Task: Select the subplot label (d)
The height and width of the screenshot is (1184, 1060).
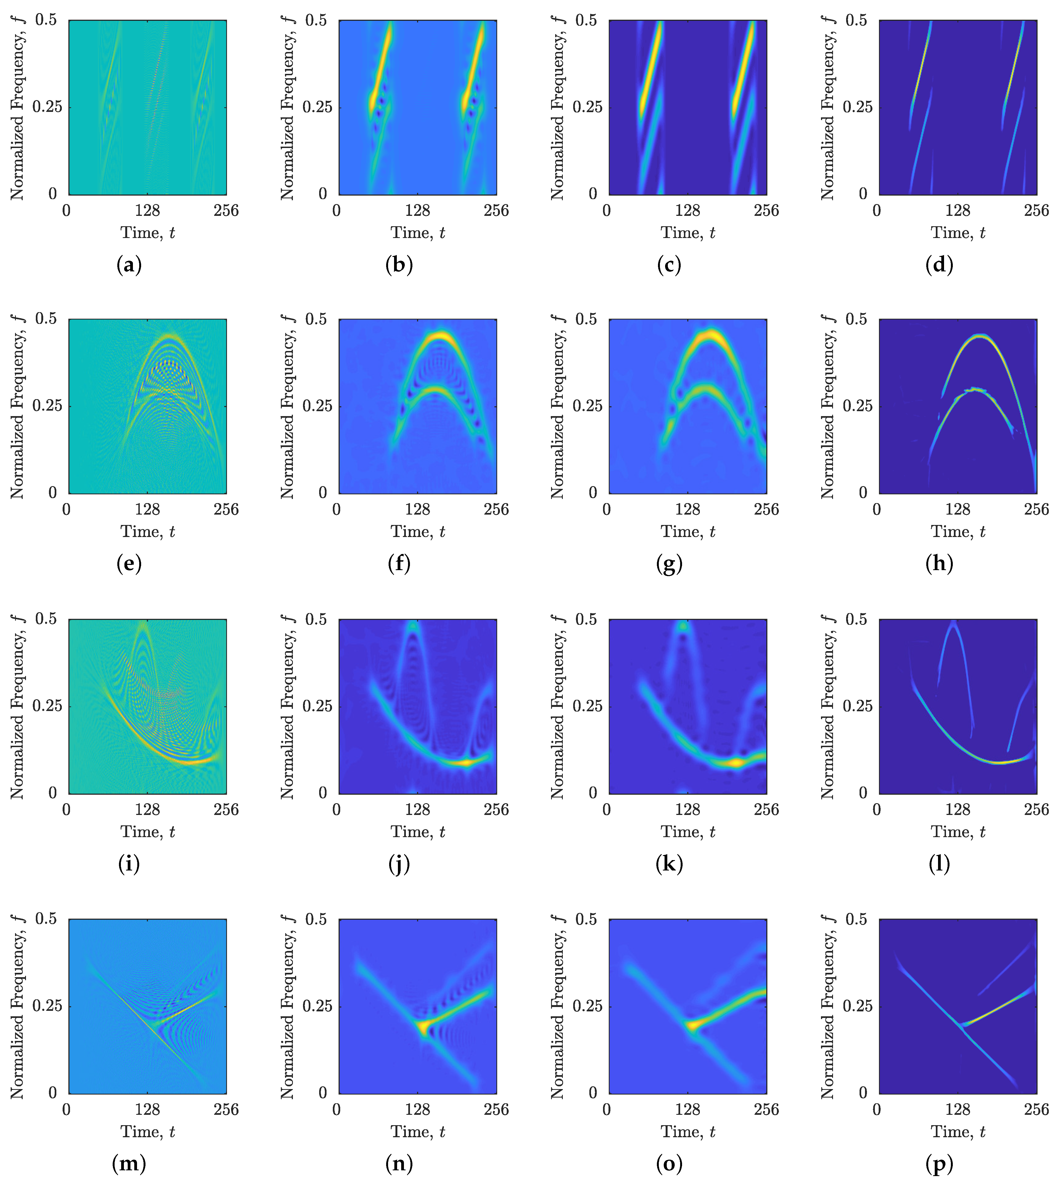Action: pyautogui.click(x=939, y=265)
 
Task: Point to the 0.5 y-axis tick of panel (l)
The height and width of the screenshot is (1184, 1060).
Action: pyautogui.click(x=856, y=619)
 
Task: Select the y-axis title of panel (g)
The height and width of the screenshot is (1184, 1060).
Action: pyautogui.click(x=557, y=406)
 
